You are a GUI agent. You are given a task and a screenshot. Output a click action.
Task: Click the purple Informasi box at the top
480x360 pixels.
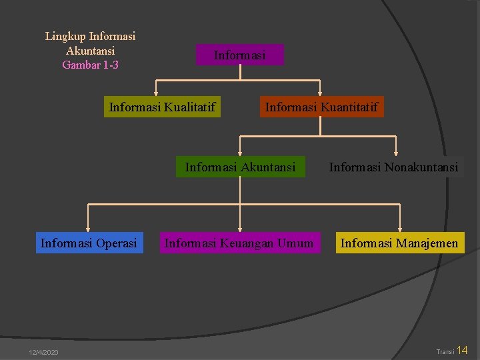(x=239, y=55)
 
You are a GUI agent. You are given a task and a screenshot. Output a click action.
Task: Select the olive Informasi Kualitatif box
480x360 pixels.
(x=162, y=107)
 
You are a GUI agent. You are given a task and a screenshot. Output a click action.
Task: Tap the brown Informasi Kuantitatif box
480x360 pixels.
(x=321, y=107)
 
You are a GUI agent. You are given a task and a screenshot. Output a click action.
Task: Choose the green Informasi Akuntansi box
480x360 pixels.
(x=240, y=167)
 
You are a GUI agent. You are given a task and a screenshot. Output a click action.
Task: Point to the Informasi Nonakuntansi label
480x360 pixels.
(x=393, y=167)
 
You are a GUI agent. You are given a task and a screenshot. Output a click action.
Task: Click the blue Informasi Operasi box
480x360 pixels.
(x=89, y=243)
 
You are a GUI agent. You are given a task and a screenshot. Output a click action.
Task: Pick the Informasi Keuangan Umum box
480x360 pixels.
(x=239, y=243)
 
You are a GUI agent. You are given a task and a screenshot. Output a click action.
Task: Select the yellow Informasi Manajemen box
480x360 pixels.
(x=399, y=243)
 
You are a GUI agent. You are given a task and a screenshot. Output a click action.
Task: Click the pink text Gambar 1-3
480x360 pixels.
(x=90, y=65)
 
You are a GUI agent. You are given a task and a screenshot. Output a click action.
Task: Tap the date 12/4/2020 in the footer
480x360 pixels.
(x=43, y=352)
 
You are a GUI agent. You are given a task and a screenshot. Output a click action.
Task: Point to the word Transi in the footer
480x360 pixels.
(x=444, y=352)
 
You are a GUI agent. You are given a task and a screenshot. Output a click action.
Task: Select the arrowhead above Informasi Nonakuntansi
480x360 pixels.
(x=396, y=153)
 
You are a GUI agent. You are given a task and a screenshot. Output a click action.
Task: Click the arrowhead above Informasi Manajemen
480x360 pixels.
(x=400, y=229)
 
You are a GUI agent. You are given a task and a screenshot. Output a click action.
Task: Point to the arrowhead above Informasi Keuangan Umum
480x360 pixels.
(x=239, y=229)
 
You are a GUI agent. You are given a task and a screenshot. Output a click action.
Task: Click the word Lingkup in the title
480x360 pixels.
(x=65, y=36)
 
